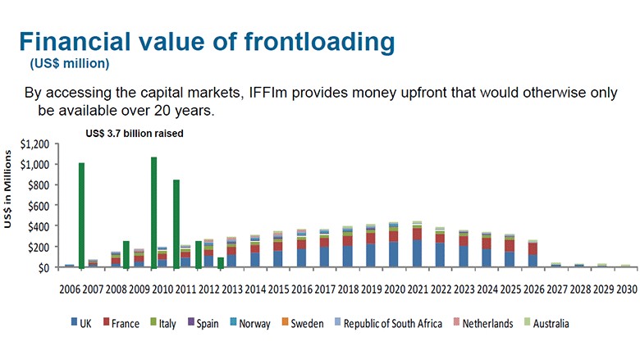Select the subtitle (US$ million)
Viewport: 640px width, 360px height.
[70, 63]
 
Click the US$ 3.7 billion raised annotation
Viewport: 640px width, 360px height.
[135, 132]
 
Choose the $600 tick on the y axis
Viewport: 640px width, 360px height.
[37, 206]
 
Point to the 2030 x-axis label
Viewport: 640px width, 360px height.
[626, 289]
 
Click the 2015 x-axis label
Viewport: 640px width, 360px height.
[278, 289]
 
